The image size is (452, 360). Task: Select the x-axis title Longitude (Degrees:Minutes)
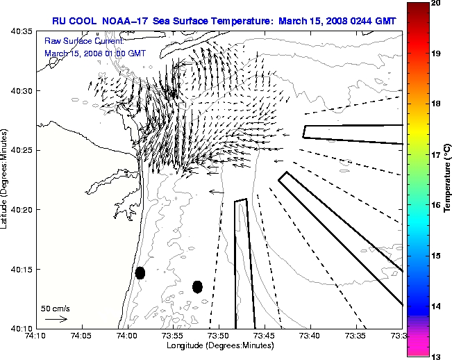tap(219, 345)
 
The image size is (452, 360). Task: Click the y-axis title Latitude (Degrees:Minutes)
tap(6, 179)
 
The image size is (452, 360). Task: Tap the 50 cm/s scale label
tap(56, 308)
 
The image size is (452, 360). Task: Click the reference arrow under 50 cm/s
tap(56, 319)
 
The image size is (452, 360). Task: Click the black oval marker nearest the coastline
tap(140, 273)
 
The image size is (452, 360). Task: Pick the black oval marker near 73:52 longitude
tap(197, 286)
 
